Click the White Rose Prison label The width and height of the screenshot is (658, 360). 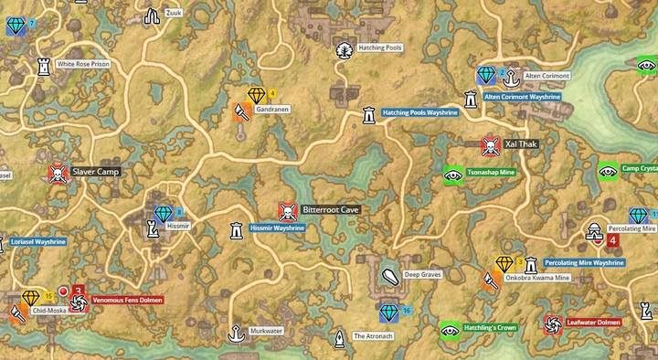(x=83, y=65)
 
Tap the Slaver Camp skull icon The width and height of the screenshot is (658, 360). (x=58, y=172)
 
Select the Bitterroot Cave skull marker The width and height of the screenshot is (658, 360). (x=288, y=210)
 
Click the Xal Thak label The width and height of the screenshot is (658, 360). (x=521, y=144)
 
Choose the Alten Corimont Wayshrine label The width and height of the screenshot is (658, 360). (x=521, y=95)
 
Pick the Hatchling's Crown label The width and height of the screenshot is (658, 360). (x=490, y=327)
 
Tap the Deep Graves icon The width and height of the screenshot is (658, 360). (x=389, y=274)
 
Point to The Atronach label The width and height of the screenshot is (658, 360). (x=373, y=336)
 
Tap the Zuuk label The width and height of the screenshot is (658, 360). (x=174, y=13)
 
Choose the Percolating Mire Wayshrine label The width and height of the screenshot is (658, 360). (x=583, y=262)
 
